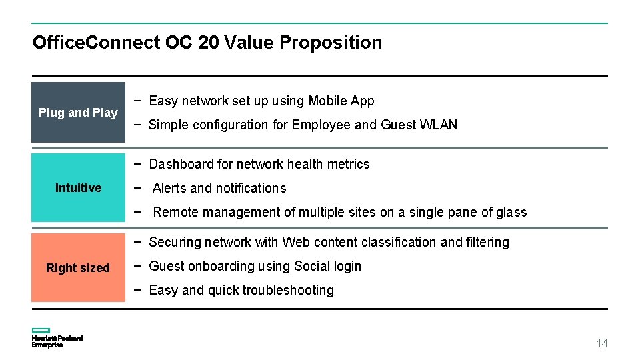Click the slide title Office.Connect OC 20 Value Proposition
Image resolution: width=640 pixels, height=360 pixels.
pyautogui.click(x=207, y=43)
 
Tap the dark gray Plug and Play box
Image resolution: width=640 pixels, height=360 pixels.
pyautogui.click(x=78, y=113)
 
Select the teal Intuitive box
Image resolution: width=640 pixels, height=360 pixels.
pyautogui.click(x=78, y=188)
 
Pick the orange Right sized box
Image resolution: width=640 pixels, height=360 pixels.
pyautogui.click(x=78, y=268)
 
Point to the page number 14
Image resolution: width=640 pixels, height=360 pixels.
pyautogui.click(x=602, y=343)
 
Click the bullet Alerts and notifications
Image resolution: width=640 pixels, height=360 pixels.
pyautogui.click(x=219, y=188)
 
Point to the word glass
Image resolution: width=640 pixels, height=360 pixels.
pyautogui.click(x=511, y=212)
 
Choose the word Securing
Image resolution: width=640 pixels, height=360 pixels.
pyautogui.click(x=175, y=242)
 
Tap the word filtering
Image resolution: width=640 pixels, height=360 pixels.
pyautogui.click(x=489, y=242)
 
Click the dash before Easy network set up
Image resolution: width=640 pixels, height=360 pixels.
pyautogui.click(x=137, y=101)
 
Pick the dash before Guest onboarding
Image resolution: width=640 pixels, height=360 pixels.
pyautogui.click(x=137, y=266)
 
